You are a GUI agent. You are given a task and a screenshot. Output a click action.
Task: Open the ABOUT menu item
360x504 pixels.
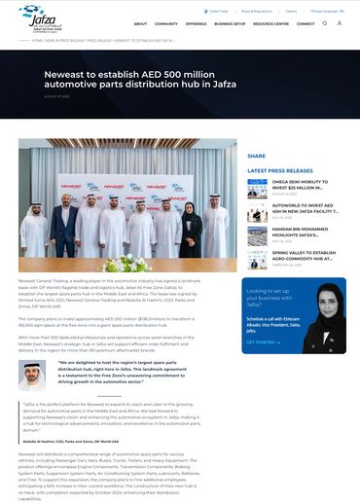(x=140, y=24)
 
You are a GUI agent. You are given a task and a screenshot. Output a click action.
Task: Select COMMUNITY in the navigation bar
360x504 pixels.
(x=166, y=24)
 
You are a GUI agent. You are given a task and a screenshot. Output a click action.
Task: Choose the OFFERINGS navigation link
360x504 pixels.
(x=196, y=24)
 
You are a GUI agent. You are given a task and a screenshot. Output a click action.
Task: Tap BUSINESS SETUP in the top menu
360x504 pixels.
(x=230, y=24)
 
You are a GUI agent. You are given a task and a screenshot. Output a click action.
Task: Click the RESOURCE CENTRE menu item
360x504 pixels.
(x=270, y=24)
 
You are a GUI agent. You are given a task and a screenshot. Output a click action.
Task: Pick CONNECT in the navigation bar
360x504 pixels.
(x=306, y=24)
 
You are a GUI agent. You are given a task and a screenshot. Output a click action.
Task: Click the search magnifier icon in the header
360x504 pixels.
(x=339, y=23)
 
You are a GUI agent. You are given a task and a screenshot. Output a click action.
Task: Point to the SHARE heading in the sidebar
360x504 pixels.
(x=256, y=156)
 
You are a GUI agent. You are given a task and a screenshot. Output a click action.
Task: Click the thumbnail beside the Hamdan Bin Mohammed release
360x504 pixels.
(x=257, y=237)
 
